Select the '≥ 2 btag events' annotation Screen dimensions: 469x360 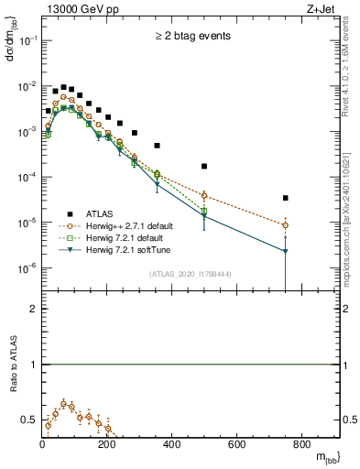[191, 37]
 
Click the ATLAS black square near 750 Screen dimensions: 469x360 [286, 198]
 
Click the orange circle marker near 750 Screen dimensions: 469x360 [286, 225]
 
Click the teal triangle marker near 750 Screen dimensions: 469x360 [286, 251]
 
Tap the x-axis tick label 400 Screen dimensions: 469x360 [172, 445]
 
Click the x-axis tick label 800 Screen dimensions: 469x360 [301, 445]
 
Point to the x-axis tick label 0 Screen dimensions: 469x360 [43, 445]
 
